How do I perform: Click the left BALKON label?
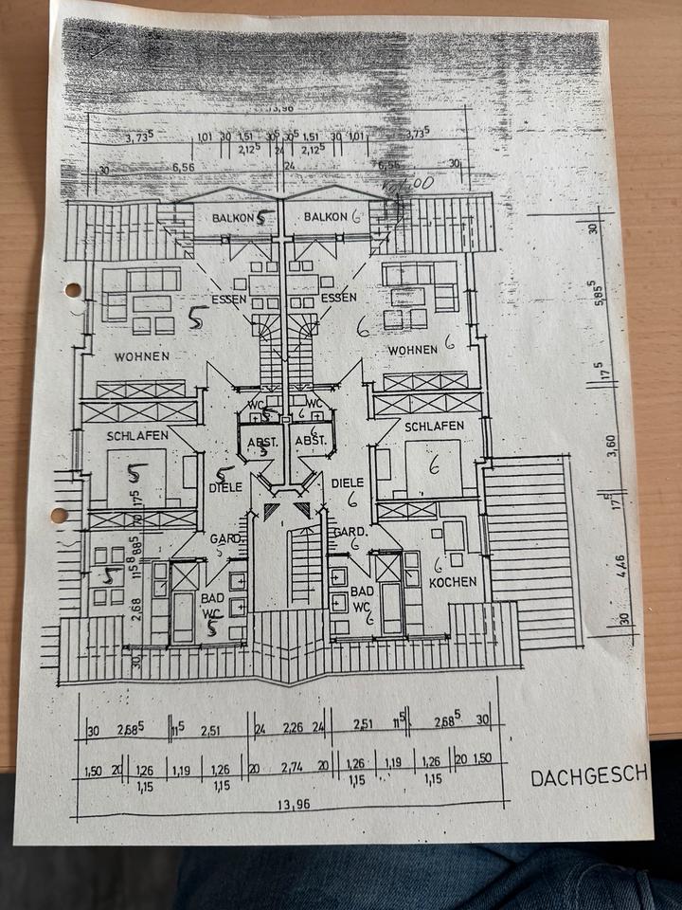click(231, 218)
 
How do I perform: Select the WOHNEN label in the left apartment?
click(142, 356)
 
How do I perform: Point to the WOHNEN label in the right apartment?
click(412, 350)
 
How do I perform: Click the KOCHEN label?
click(454, 582)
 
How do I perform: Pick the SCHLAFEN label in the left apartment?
click(137, 435)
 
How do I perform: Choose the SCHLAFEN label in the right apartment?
click(434, 426)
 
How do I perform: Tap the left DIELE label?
click(225, 487)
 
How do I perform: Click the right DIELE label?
click(348, 482)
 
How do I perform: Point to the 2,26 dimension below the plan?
click(294, 728)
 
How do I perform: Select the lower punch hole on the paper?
click(59, 517)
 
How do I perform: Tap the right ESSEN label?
click(338, 297)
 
